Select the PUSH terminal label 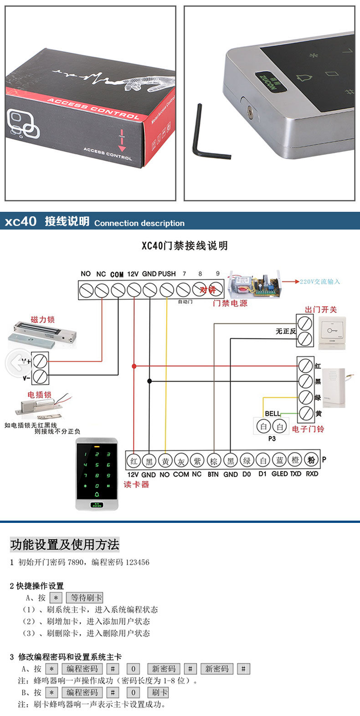167,274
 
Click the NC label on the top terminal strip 101,274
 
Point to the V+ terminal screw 40,361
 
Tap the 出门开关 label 321,310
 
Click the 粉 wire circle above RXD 311,460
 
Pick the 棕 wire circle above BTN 214,460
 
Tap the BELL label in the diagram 273,414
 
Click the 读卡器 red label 136,484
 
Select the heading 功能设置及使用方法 64,544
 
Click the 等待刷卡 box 85,598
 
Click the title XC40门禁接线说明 184,246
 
